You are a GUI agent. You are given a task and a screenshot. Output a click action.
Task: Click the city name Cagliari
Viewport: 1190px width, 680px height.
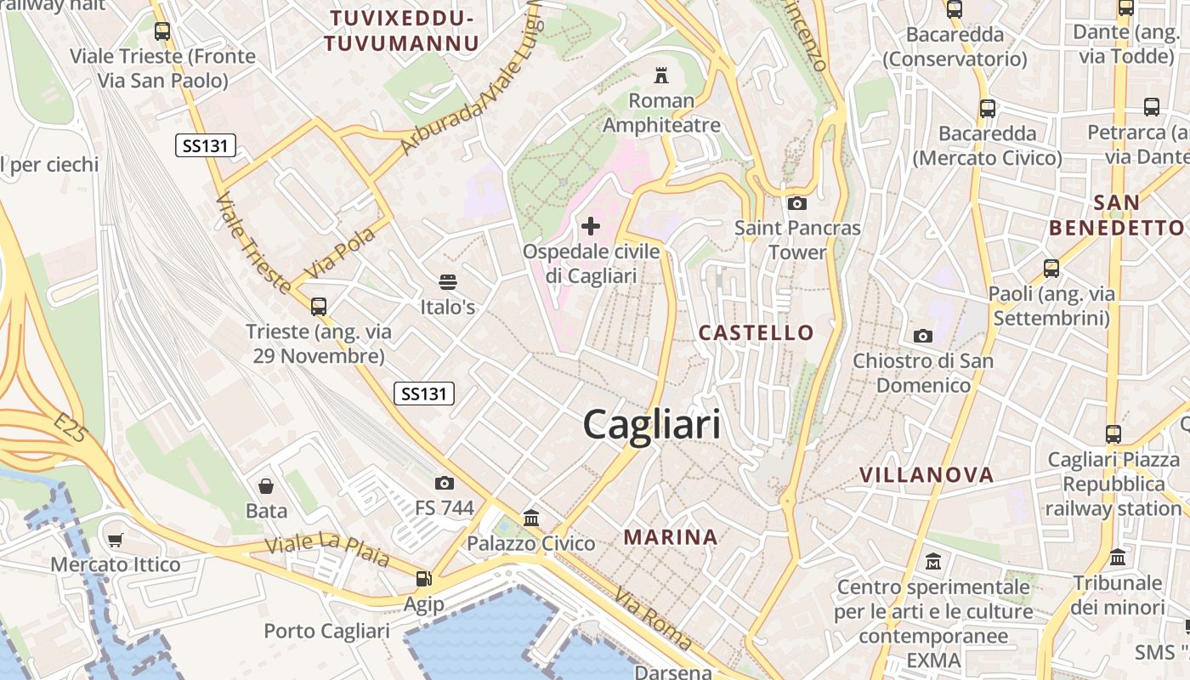(x=652, y=424)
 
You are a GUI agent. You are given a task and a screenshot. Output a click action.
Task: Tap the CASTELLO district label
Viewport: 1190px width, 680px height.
(x=756, y=332)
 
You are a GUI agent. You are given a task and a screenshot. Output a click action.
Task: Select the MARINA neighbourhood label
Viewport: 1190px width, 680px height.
(x=671, y=537)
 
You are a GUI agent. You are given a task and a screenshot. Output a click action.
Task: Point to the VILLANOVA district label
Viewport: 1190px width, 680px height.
(x=926, y=475)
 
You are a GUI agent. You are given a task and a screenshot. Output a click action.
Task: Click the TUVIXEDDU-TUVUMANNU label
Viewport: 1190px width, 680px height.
(x=402, y=31)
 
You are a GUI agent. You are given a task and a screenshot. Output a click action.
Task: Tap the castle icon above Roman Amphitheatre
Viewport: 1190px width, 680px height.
(x=660, y=76)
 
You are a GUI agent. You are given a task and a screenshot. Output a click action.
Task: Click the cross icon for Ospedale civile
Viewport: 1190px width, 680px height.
(x=591, y=226)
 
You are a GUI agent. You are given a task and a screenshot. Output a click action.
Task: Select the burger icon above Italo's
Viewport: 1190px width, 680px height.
(x=448, y=282)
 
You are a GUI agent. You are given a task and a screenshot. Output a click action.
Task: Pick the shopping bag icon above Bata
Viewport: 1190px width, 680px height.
(x=266, y=486)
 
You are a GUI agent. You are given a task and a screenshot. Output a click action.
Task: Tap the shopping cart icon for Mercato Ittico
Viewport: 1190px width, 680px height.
(x=116, y=540)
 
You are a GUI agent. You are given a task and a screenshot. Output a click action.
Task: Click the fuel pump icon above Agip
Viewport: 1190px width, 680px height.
(x=422, y=580)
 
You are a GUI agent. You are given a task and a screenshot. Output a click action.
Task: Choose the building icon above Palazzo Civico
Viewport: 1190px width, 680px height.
(x=531, y=518)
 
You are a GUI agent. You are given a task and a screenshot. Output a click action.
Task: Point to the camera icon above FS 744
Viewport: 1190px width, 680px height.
(x=444, y=483)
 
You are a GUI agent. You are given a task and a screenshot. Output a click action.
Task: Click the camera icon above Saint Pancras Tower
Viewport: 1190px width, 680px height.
(x=797, y=203)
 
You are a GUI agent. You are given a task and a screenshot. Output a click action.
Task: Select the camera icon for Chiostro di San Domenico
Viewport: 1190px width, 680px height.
(x=923, y=336)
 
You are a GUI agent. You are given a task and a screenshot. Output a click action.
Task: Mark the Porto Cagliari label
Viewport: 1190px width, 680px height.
(x=326, y=631)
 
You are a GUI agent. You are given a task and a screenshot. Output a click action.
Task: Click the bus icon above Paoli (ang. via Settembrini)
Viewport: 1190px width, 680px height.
(x=1051, y=269)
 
